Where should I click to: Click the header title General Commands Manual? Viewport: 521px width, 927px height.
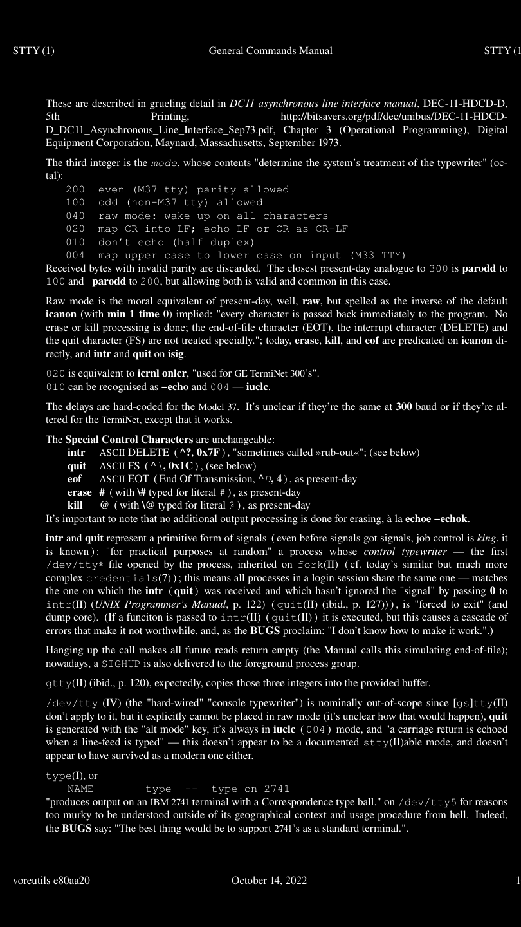270,50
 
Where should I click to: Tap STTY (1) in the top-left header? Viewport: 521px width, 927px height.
33,50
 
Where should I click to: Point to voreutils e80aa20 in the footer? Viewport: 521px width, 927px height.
51,881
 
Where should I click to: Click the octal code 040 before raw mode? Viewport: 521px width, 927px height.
75,216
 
